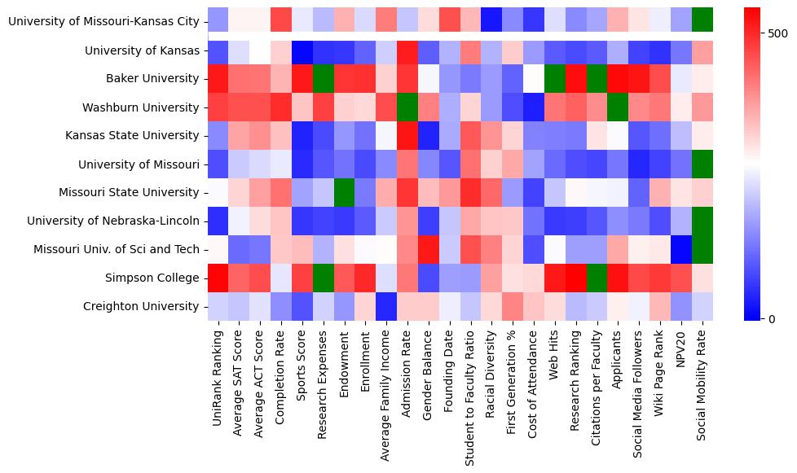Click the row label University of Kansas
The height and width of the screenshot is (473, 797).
142,50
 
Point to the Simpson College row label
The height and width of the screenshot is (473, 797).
153,278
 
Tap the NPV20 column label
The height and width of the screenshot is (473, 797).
680,351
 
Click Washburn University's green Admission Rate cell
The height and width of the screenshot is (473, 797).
407,107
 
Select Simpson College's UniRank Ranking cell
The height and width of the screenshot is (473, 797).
218,278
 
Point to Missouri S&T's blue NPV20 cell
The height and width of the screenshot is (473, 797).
680,250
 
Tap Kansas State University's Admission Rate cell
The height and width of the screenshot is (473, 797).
407,136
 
